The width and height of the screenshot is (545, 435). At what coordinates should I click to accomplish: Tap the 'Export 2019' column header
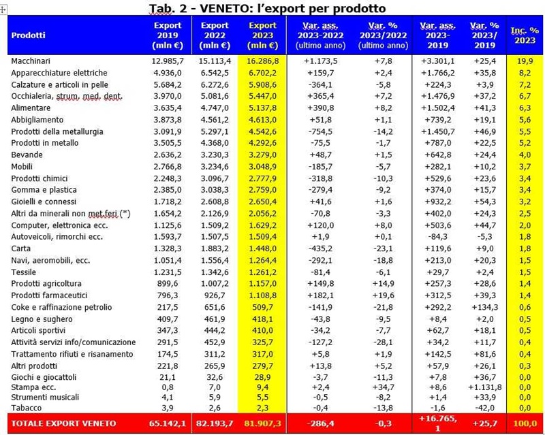(x=167, y=35)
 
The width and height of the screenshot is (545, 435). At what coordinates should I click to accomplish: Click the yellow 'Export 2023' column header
(x=262, y=35)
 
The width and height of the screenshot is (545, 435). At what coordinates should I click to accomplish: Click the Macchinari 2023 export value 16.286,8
(x=262, y=61)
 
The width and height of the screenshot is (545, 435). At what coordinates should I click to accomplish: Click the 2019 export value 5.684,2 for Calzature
(x=167, y=84)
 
